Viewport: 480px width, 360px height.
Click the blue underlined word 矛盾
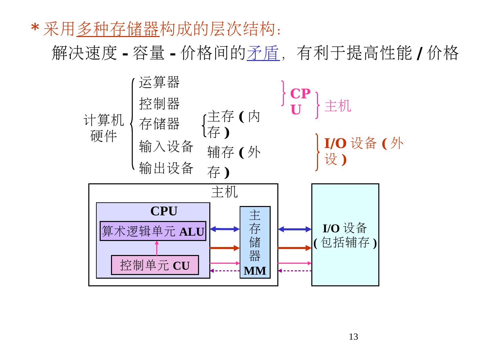pyautogui.click(x=263, y=53)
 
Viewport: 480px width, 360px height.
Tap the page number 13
pyautogui.click(x=353, y=337)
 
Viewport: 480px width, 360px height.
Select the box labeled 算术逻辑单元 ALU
pyautogui.click(x=153, y=231)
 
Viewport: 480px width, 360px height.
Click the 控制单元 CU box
pyautogui.click(x=155, y=265)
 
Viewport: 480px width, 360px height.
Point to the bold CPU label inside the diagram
pyautogui.click(x=164, y=211)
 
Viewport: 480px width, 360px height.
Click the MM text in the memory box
pyautogui.click(x=255, y=271)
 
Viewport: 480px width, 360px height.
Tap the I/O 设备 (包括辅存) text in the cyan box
pyautogui.click(x=345, y=235)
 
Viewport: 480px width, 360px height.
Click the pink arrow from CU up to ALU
pyautogui.click(x=157, y=248)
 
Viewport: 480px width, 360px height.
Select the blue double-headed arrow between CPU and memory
pyautogui.click(x=225, y=229)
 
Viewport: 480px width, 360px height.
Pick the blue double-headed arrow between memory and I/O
pyautogui.click(x=295, y=229)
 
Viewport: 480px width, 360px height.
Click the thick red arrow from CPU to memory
pyautogui.click(x=225, y=248)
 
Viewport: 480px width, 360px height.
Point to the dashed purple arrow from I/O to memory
pyautogui.click(x=295, y=271)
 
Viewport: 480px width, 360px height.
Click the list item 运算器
pyautogui.click(x=159, y=82)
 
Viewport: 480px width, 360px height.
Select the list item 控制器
pyautogui.click(x=159, y=104)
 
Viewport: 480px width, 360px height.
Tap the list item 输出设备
pyautogui.click(x=166, y=168)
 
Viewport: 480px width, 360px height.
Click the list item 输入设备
pyautogui.click(x=166, y=146)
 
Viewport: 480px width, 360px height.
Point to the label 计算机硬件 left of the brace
pyautogui.click(x=104, y=128)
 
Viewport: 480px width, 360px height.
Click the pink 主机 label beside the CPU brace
pyautogui.click(x=338, y=106)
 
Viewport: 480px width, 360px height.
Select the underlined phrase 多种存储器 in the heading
pyautogui.click(x=118, y=29)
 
